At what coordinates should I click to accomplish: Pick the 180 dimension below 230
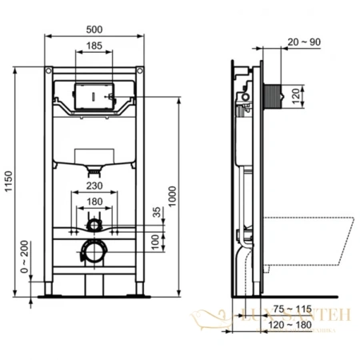[x=94, y=202]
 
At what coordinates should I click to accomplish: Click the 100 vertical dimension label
[x=156, y=241]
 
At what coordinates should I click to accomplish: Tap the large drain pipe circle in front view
[x=94, y=250]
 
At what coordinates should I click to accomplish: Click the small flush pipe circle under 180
[x=94, y=222]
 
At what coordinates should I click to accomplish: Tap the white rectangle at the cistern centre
[x=94, y=154]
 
